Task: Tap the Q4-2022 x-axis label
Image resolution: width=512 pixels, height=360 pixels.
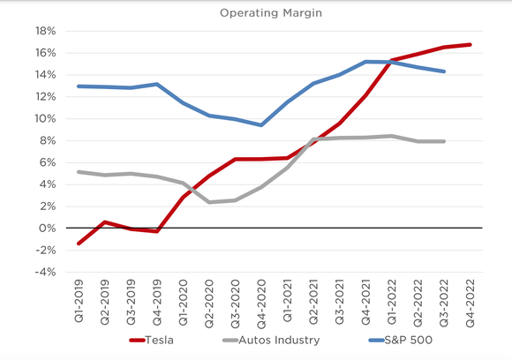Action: point(467,302)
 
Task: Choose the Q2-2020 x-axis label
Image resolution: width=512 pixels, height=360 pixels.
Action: point(209,302)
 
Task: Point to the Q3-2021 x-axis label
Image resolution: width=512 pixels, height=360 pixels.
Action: point(338,302)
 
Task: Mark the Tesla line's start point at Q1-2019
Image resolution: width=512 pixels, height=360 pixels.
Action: point(80,244)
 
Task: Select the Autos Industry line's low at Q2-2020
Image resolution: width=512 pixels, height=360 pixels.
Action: point(209,202)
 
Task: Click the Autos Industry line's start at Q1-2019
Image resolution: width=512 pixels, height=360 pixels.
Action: point(80,172)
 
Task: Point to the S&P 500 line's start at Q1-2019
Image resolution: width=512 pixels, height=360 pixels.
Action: point(80,86)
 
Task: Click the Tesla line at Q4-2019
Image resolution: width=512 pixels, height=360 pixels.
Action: point(157,231)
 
